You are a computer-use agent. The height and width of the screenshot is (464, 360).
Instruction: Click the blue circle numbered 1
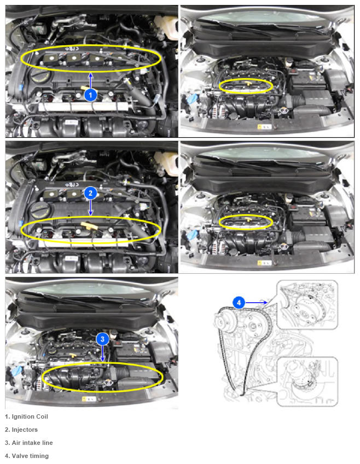pyautogui.click(x=90, y=95)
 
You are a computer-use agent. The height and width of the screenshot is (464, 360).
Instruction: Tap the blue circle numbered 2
pyautogui.click(x=90, y=193)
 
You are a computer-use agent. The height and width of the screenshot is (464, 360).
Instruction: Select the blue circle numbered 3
pyautogui.click(x=102, y=339)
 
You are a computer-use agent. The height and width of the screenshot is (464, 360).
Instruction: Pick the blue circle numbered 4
pyautogui.click(x=239, y=303)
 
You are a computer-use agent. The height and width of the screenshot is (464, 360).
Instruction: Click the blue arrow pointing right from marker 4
pyautogui.click(x=256, y=303)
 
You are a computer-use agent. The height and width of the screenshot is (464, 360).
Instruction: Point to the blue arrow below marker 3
pyautogui.click(x=102, y=353)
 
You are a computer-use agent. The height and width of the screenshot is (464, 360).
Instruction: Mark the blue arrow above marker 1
pyautogui.click(x=90, y=80)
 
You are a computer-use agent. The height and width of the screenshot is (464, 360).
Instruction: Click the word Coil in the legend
pyautogui.click(x=42, y=416)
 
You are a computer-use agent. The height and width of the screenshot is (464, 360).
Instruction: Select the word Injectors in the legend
pyautogui.click(x=25, y=430)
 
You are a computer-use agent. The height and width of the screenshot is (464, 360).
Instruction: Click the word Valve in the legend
pyautogui.click(x=20, y=456)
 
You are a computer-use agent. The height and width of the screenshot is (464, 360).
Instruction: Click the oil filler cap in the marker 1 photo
pyautogui.click(x=38, y=78)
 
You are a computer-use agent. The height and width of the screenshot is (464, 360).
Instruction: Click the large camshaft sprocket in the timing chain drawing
pyautogui.click(x=226, y=322)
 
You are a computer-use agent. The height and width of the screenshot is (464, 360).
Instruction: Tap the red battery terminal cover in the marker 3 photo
pyautogui.click(x=119, y=343)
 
